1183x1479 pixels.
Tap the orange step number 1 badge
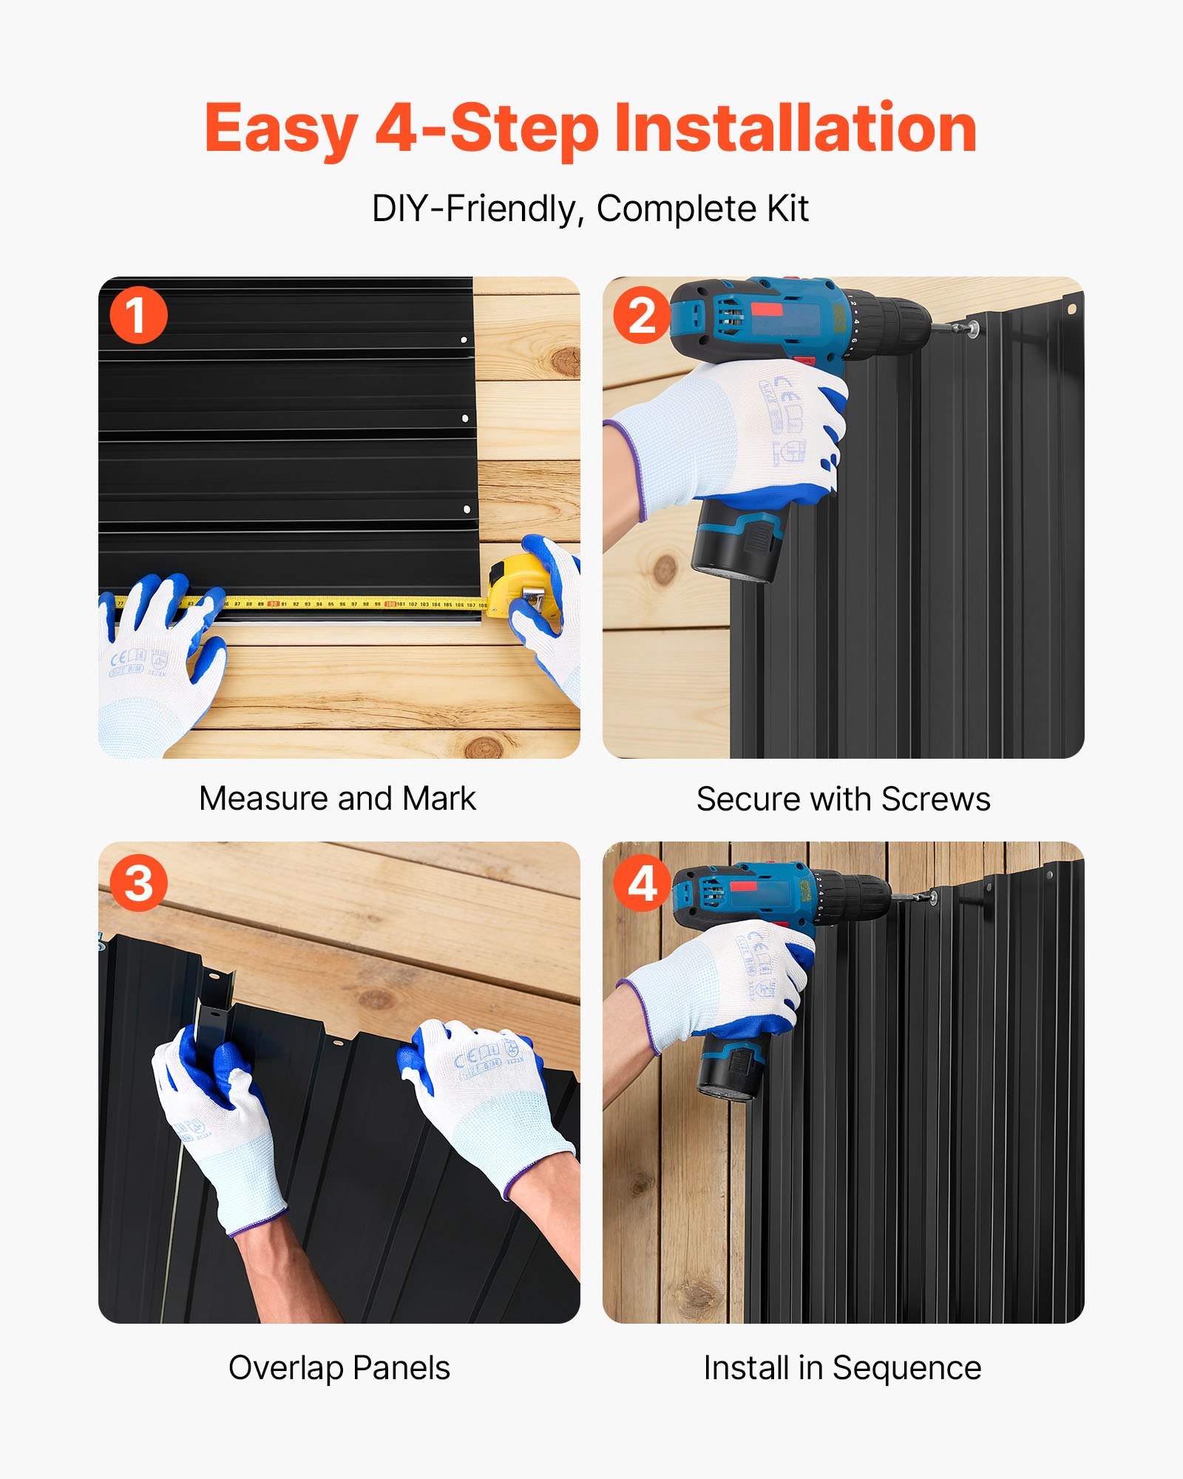138,315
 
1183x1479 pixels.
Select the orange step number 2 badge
642,315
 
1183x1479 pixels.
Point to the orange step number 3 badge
138,883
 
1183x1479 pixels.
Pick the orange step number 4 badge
642,883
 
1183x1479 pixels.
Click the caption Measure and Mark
337,799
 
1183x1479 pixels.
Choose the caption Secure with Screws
843,799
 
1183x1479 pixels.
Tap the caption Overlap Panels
339,1368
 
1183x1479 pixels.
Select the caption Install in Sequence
842,1368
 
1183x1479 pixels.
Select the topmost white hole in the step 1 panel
464,340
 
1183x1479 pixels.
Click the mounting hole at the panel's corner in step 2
1070,308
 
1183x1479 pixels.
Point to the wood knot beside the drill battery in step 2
664,569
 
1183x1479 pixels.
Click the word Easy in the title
281,130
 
